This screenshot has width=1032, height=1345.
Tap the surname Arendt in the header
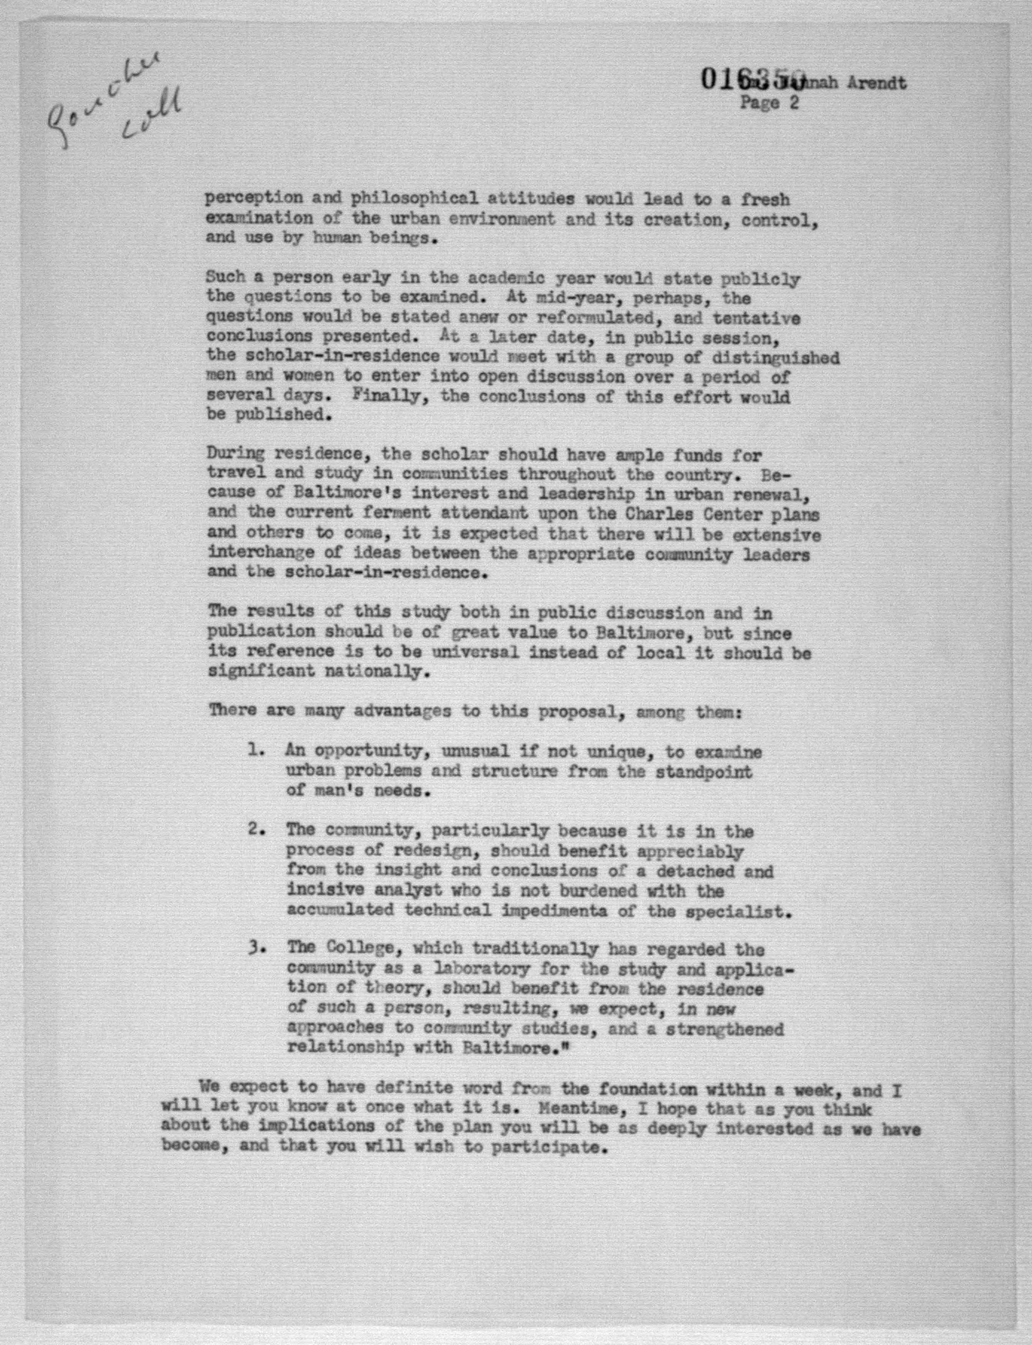877,83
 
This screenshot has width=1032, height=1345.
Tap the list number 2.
256,829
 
